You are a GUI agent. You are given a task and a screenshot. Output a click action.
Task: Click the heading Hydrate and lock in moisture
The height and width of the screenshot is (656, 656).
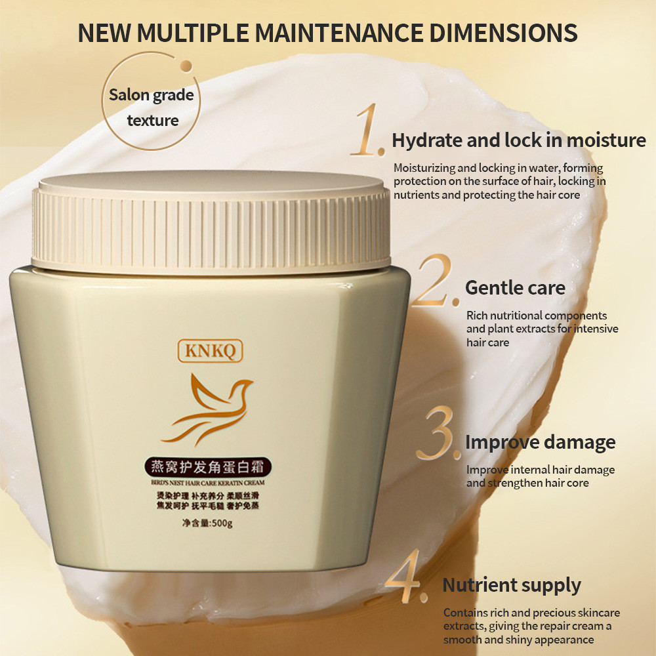pyautogui.click(x=518, y=140)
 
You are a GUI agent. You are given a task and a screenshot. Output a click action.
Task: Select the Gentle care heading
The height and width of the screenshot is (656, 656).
pyautogui.click(x=515, y=287)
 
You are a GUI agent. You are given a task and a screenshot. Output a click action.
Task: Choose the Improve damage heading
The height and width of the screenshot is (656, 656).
pyautogui.click(x=540, y=442)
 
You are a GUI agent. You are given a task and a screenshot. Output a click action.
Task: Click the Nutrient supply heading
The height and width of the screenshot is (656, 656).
pyautogui.click(x=512, y=585)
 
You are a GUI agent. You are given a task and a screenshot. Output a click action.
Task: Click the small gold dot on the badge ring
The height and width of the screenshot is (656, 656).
pyautogui.click(x=186, y=64)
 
